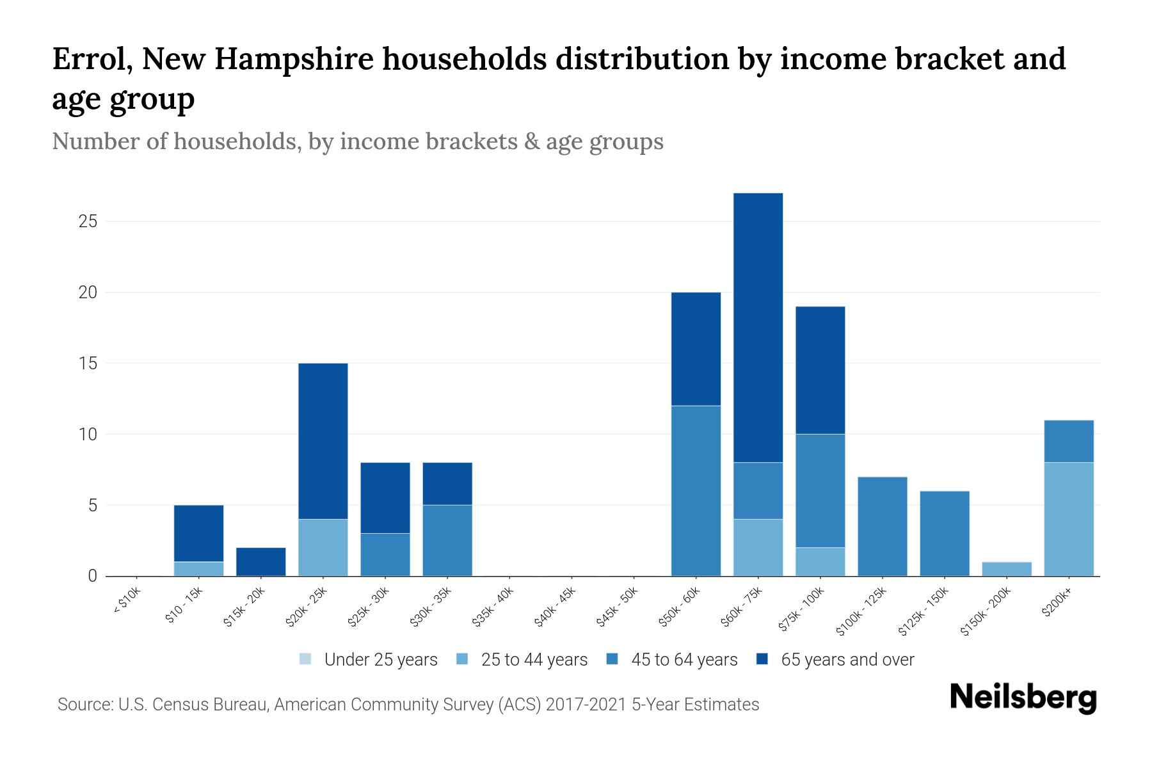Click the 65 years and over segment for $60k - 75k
tap(758, 328)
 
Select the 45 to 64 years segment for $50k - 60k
tap(696, 491)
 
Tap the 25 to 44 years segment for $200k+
tap(1068, 519)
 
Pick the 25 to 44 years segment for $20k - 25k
tap(323, 547)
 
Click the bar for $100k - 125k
tap(882, 526)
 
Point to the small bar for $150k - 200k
tap(1006, 569)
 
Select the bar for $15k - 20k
tap(261, 561)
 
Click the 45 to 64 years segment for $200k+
tap(1068, 441)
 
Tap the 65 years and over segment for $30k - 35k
tap(447, 483)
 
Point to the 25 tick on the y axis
tap(88, 221)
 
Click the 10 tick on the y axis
tap(88, 435)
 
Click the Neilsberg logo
tap(1023, 698)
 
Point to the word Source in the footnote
tap(84, 705)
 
